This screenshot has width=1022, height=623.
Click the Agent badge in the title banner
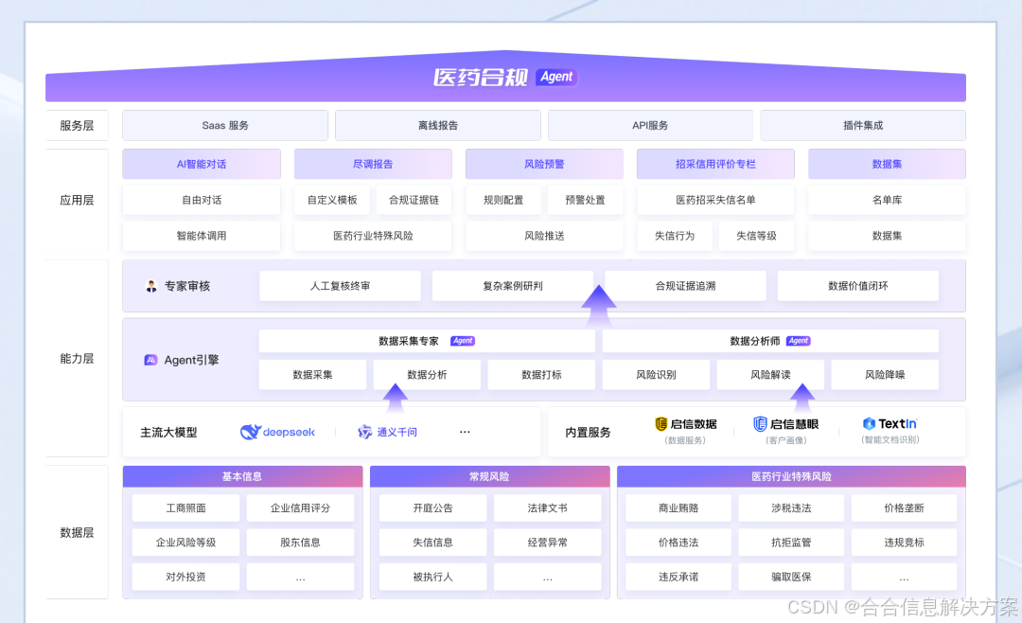click(556, 77)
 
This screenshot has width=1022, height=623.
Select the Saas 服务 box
click(225, 125)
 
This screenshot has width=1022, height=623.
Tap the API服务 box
click(650, 125)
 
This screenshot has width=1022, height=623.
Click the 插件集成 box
click(862, 125)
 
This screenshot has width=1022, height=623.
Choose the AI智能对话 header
click(202, 164)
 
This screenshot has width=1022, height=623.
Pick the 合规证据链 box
click(414, 200)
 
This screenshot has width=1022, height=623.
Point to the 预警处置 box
click(585, 200)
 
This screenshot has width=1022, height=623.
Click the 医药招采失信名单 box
click(715, 200)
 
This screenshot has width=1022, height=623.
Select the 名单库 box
click(887, 200)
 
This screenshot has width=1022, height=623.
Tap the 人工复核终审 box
click(340, 286)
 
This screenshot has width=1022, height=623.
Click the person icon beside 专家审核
click(151, 286)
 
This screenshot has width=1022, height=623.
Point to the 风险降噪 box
click(885, 375)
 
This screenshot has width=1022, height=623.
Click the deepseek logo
click(277, 432)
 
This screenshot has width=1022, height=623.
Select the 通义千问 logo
click(387, 432)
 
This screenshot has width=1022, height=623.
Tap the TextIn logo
click(890, 424)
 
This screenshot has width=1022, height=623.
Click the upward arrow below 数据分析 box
click(396, 400)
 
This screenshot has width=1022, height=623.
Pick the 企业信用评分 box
click(300, 508)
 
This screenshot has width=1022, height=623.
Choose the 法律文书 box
click(547, 508)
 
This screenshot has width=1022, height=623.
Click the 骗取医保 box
click(791, 577)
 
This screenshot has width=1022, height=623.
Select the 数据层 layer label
click(77, 533)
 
